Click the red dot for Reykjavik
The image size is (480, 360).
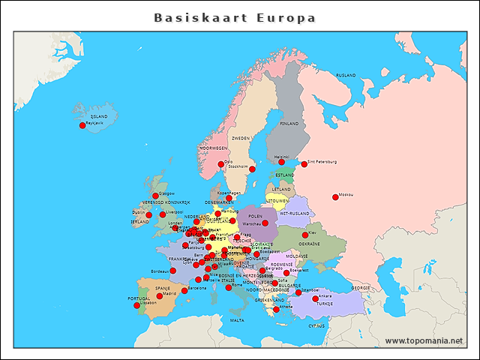82,125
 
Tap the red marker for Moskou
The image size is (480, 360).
335,197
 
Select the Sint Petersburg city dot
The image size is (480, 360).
304,163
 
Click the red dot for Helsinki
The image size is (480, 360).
282,162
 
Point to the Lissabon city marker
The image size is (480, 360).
136,305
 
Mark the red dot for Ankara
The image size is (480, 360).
316,298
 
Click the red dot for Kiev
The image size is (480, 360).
304,235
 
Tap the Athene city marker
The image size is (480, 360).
276,309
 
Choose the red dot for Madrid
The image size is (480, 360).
160,296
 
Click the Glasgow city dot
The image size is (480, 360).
155,196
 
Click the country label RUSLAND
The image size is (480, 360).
346,76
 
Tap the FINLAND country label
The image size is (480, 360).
289,123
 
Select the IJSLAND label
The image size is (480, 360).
99,116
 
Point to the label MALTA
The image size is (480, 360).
237,320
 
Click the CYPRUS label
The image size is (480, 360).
316,325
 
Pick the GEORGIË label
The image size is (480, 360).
361,287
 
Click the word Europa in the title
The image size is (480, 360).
286,18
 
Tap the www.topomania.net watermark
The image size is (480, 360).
424,340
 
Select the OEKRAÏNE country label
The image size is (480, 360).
310,244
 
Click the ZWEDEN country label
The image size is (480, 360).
241,139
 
